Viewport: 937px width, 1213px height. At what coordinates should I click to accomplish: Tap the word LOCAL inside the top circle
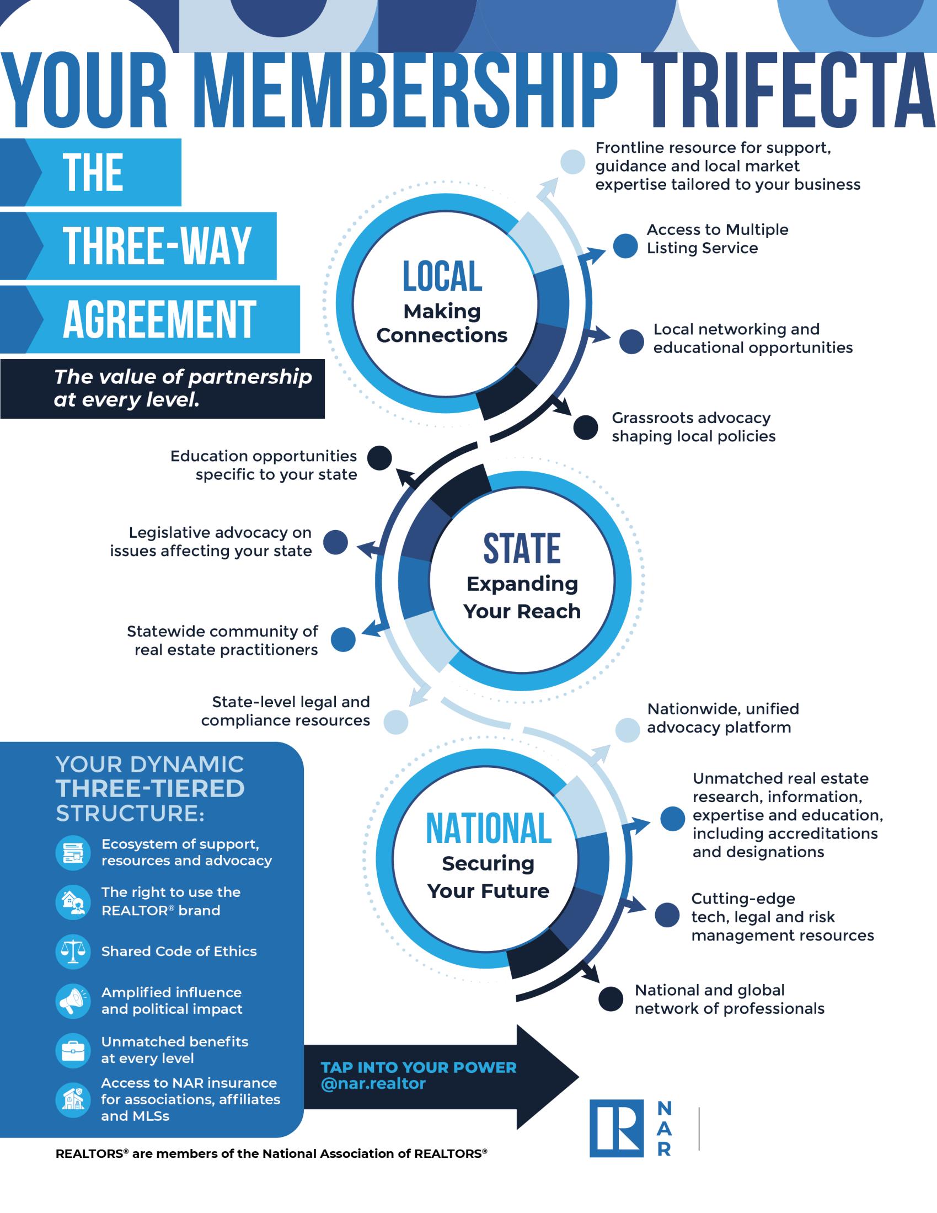point(442,276)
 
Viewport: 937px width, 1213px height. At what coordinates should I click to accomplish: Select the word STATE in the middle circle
point(522,548)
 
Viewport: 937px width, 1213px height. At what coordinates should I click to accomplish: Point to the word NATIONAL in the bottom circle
point(488,828)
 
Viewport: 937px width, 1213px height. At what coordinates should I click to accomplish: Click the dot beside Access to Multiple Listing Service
point(625,246)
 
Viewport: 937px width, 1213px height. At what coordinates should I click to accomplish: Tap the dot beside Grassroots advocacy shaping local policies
point(585,427)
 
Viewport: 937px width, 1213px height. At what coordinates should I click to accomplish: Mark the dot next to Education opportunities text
point(380,458)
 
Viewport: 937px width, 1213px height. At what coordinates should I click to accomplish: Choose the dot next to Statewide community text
point(343,640)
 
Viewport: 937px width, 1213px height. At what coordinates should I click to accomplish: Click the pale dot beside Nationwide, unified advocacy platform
point(628,730)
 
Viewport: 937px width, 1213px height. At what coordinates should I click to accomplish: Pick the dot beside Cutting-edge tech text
point(667,915)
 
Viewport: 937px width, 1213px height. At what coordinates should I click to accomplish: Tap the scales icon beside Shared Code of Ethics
point(73,952)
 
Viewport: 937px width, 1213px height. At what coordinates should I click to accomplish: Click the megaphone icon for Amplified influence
point(73,1001)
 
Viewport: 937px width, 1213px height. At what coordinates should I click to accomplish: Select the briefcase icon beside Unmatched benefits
point(73,1050)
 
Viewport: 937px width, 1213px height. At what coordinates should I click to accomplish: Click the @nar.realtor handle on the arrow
point(373,1083)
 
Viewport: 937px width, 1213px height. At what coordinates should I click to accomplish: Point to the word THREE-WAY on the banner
point(157,246)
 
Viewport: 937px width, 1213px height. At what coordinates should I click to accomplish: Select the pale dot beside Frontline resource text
point(572,162)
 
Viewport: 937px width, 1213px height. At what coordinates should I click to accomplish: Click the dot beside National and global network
point(611,999)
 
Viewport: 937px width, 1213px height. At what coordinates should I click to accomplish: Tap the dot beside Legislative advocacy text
point(335,542)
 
